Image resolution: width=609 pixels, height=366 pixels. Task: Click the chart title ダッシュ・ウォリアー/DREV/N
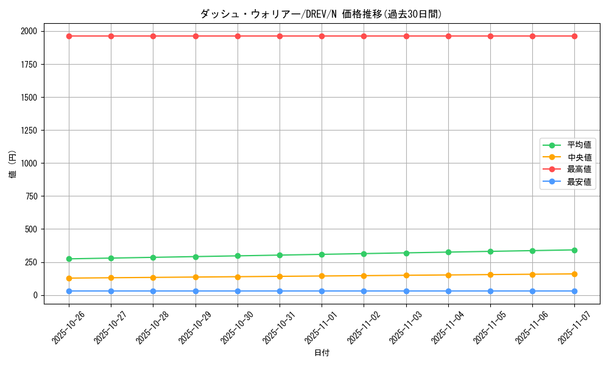coord(321,14)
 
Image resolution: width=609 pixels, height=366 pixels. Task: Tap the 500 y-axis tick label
coord(30,229)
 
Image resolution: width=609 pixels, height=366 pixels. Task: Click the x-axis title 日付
coord(322,353)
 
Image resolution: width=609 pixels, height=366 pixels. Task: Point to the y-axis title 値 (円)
coord(13,165)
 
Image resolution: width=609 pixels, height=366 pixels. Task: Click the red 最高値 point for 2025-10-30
coord(238,36)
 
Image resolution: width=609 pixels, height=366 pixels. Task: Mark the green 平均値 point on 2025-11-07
coord(574,250)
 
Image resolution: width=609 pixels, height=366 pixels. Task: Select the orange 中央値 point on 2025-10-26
coord(69,278)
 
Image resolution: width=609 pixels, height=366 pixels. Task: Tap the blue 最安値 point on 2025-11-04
coord(448,291)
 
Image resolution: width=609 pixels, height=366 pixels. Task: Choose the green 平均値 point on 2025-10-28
coord(153,257)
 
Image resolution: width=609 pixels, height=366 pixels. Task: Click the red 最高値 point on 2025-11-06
coord(532,36)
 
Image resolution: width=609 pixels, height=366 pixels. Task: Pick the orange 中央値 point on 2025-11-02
coord(364,276)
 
